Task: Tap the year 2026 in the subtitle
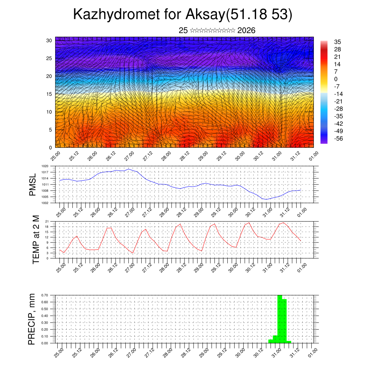click(246, 31)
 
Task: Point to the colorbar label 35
click(338, 42)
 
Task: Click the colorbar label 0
click(336, 79)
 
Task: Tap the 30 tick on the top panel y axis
click(49, 40)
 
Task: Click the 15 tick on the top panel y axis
click(49, 94)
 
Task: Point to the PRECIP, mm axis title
click(32, 319)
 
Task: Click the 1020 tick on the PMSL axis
click(45, 166)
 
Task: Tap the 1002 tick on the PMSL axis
click(45, 203)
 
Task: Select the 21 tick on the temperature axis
click(47, 221)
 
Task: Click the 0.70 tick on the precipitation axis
click(45, 295)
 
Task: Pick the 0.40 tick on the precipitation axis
click(45, 316)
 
